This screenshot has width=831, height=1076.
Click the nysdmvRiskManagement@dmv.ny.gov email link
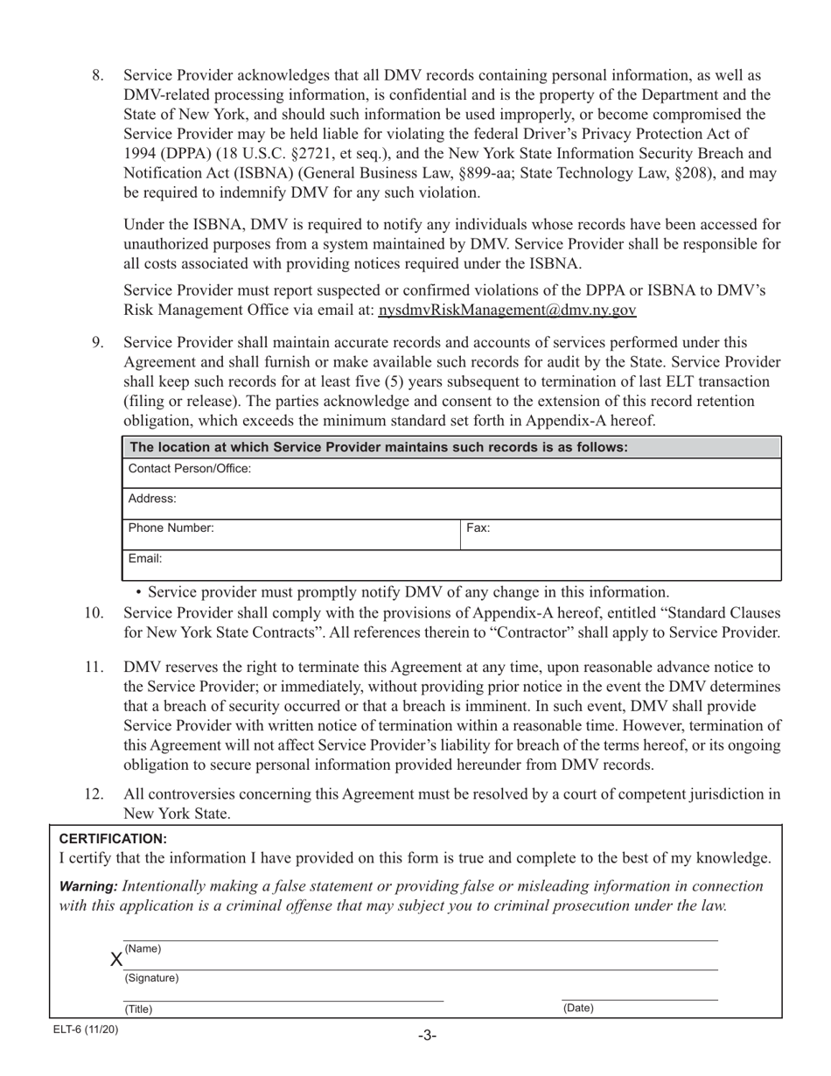(507, 310)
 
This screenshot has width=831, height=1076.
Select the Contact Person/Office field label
(190, 469)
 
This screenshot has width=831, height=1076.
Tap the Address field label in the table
(152, 499)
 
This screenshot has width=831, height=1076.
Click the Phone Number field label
(171, 528)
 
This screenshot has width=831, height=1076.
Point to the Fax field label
(478, 528)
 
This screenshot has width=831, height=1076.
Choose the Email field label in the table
(145, 558)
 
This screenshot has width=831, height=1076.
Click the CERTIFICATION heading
(113, 838)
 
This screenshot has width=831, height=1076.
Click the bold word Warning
(88, 886)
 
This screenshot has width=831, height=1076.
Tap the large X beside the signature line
(115, 960)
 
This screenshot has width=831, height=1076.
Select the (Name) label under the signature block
(143, 949)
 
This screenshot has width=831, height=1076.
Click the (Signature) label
(151, 978)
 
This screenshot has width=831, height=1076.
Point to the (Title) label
(138, 1009)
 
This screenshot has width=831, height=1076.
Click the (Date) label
(578, 1008)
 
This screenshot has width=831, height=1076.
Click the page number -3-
(426, 1036)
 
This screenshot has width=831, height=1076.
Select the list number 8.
(98, 75)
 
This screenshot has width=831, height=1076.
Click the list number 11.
(94, 667)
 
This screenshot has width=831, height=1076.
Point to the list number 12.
(94, 794)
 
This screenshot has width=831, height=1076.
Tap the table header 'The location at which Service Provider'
(378, 447)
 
